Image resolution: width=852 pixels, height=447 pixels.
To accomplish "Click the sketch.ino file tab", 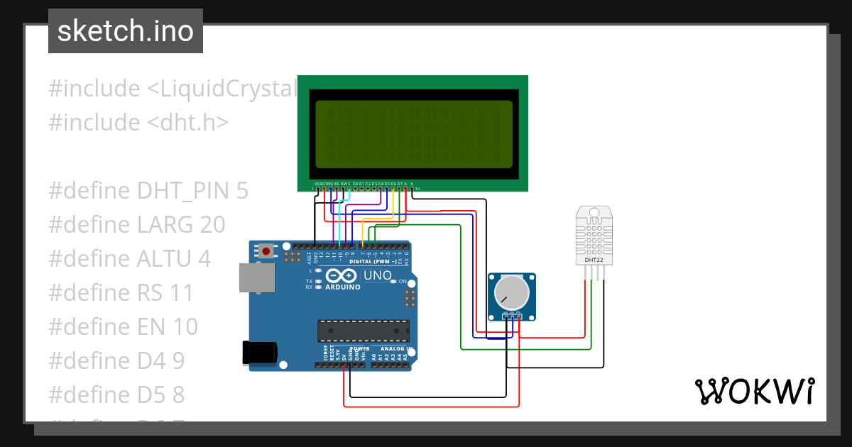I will pos(126,31).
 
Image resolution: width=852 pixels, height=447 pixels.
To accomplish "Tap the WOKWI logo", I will pos(753,391).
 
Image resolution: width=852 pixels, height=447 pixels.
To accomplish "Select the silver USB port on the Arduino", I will pos(256,277).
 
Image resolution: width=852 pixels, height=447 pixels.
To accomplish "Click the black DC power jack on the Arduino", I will pos(258,353).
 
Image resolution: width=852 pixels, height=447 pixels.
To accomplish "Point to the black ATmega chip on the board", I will pos(363,331).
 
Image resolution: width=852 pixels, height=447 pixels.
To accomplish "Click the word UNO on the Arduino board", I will pos(377,275).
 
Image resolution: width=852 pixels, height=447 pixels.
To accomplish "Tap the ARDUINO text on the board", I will pos(343,287).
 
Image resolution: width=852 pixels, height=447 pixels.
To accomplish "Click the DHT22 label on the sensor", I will pos(593,260).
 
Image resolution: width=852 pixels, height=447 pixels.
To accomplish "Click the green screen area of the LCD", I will pos(413,134).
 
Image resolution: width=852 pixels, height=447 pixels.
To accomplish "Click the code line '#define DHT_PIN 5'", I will pos(148,191).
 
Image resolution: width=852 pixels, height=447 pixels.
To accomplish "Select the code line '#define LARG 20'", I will pos(137,225).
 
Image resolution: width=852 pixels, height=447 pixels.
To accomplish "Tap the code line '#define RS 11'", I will pos(121,292).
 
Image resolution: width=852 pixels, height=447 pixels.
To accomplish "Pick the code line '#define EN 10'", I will pos(123,326).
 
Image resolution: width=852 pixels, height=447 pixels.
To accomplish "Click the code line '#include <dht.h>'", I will pos(138,123).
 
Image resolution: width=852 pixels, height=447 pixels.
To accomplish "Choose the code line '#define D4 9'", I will pos(116,360).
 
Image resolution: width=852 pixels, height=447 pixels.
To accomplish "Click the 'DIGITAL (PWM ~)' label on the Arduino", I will pos(373,262).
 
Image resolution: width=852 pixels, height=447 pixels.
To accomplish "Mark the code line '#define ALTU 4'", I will pos(129,259).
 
